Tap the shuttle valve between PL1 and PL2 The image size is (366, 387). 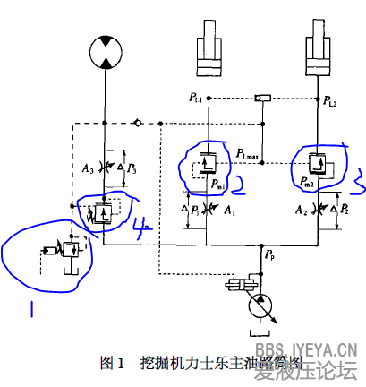click(x=263, y=97)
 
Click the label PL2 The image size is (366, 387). click(x=331, y=102)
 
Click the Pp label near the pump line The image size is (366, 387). click(x=268, y=255)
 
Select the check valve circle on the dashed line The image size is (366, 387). click(x=137, y=122)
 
